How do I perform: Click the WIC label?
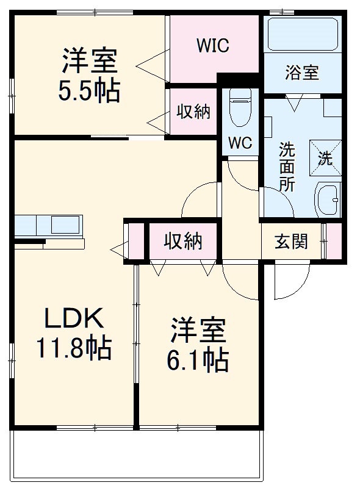click(212, 46)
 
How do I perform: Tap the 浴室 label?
click(301, 72)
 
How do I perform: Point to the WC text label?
click(240, 143)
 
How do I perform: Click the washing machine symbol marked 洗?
click(326, 157)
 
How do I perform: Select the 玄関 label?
click(291, 242)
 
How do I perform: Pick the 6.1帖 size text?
click(198, 361)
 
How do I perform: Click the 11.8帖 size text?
click(73, 348)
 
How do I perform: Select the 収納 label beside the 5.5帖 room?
click(193, 112)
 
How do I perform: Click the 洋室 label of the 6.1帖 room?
click(198, 330)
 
